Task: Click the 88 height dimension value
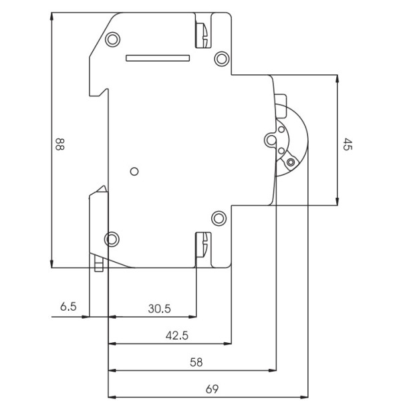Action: pyautogui.click(x=59, y=144)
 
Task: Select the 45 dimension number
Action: pyautogui.click(x=347, y=144)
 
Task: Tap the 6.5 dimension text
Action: pyautogui.click(x=68, y=307)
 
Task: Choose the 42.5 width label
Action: pyautogui.click(x=177, y=336)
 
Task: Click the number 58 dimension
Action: pyautogui.click(x=196, y=362)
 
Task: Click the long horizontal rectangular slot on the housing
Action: pyautogui.click(x=158, y=58)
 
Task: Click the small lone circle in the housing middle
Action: pyautogui.click(x=134, y=171)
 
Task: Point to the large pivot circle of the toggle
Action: pyautogui.click(x=270, y=139)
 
